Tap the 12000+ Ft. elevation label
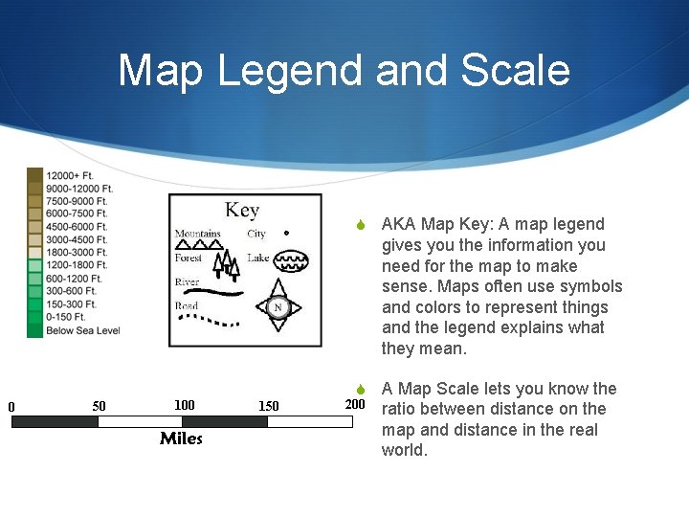coord(69,176)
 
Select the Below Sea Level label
coord(82,331)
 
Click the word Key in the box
coord(242,210)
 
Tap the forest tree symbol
coord(224,261)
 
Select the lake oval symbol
coord(291,259)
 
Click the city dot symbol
coord(286,233)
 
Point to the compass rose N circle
coord(278,307)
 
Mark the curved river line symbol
coord(222,290)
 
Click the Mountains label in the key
coord(197,234)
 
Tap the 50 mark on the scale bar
coord(99,406)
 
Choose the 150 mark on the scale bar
coord(269,406)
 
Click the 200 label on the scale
coord(355,404)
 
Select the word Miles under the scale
coord(181,438)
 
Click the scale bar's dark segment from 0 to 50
coord(55,420)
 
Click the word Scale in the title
coord(516,72)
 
